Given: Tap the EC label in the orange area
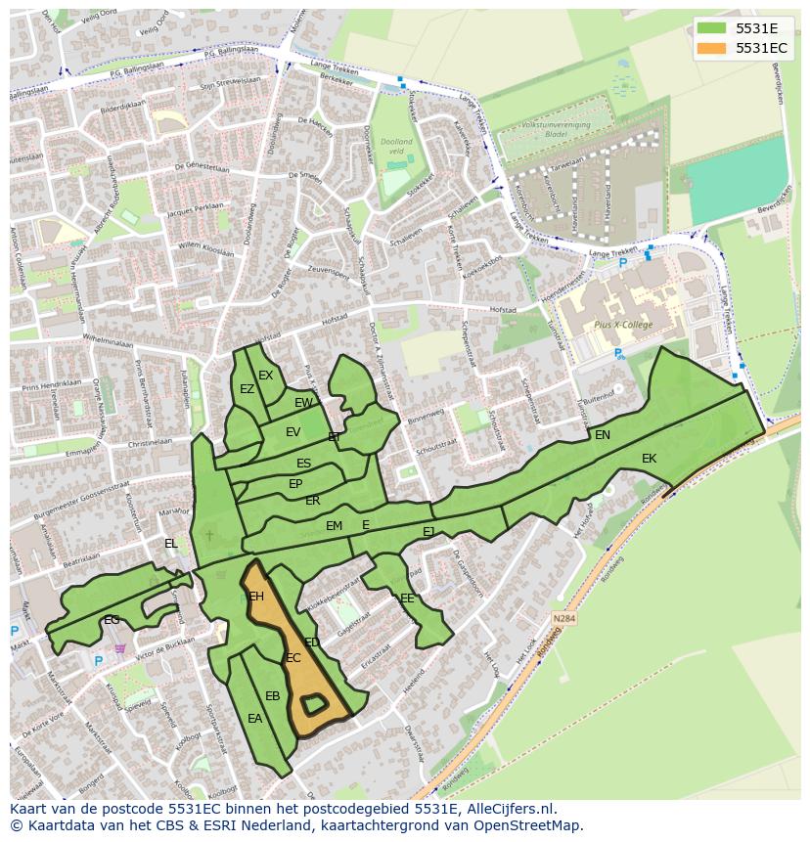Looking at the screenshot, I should pyautogui.click(x=292, y=658).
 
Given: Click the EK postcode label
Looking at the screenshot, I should pyautogui.click(x=649, y=459).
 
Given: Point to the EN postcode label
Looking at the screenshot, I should pyautogui.click(x=603, y=435).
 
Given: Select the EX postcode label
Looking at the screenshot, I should pyautogui.click(x=265, y=376).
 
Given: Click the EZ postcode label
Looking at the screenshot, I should pyautogui.click(x=247, y=389).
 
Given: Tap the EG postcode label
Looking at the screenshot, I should pyautogui.click(x=112, y=620).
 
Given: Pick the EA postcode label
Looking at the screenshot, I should pyautogui.click(x=254, y=719).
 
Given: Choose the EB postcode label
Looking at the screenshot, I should pyautogui.click(x=273, y=696).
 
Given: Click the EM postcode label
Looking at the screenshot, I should pyautogui.click(x=334, y=526).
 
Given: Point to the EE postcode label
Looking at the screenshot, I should pyautogui.click(x=407, y=598).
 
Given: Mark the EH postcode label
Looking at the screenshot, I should pyautogui.click(x=256, y=597).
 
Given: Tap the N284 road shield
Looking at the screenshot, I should pyautogui.click(x=563, y=618).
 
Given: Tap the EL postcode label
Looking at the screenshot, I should pyautogui.click(x=171, y=544).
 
